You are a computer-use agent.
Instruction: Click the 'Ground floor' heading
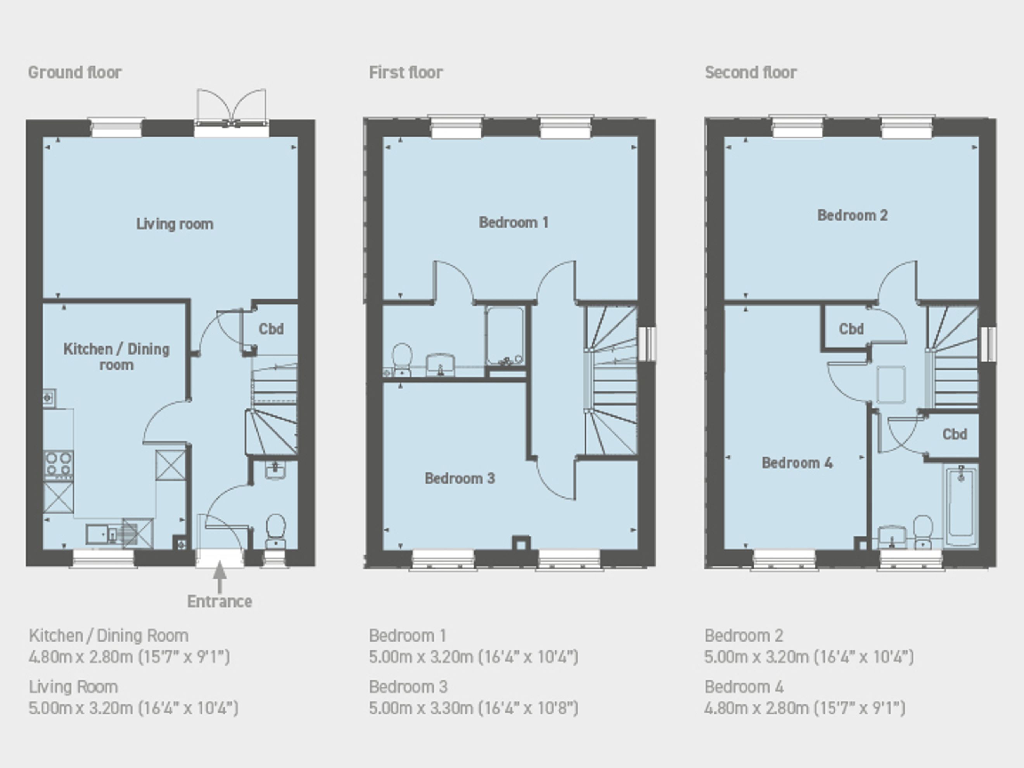point(74,72)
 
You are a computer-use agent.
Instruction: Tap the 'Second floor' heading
point(751,72)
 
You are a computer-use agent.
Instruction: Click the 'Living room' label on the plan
point(175,224)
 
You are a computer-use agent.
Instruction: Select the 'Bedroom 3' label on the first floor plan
point(460,478)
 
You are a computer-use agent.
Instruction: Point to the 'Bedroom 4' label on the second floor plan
point(797,462)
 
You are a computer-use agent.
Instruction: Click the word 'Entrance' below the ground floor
point(220,601)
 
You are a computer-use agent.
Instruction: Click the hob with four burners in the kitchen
point(58,465)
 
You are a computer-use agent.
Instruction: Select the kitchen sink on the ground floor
point(103,534)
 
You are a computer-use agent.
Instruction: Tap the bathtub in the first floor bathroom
point(505,336)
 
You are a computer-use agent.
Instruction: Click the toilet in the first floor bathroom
point(402,359)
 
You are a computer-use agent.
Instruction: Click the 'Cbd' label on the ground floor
point(271,329)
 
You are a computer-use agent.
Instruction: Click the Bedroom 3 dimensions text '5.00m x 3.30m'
point(421,708)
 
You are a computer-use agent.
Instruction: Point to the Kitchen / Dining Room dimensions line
point(129,657)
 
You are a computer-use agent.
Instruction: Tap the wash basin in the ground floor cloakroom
point(275,470)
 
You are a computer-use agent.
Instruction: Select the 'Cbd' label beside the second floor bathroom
point(955,434)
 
